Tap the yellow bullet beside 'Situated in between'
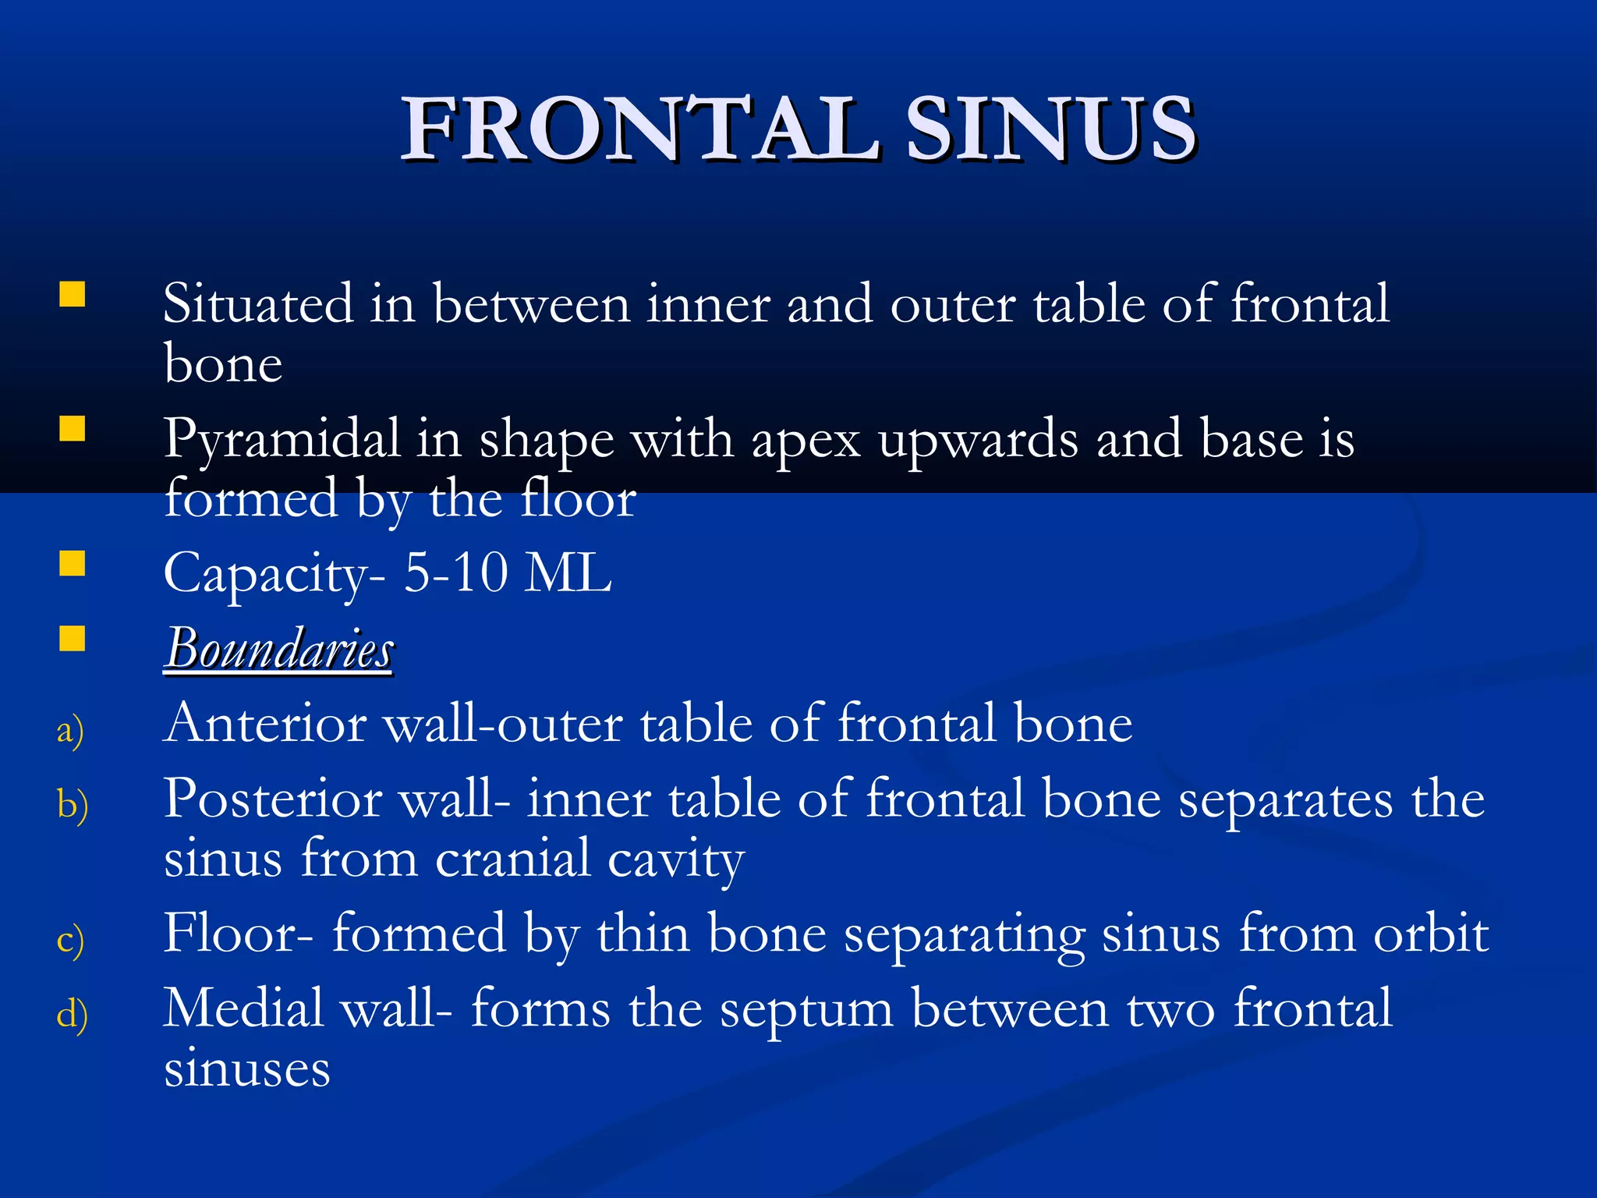click(73, 295)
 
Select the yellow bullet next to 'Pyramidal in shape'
click(73, 429)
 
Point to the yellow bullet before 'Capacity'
click(73, 563)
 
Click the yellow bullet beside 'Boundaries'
click(73, 638)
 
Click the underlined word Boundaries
click(279, 648)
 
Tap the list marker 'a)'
click(70, 730)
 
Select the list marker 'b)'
click(72, 804)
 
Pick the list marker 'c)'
click(70, 939)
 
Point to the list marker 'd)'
click(72, 1014)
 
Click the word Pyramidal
click(282, 440)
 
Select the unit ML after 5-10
click(568, 573)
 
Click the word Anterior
click(265, 723)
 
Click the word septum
click(806, 1009)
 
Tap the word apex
click(806, 440)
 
